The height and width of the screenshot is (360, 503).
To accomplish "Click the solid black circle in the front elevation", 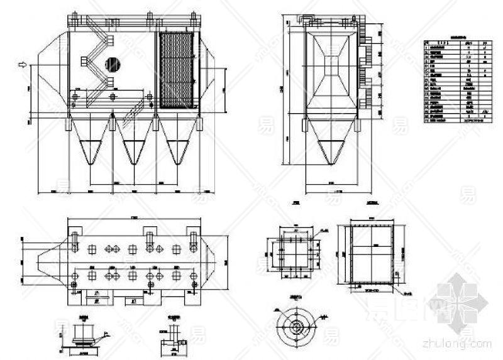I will point(113,62).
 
